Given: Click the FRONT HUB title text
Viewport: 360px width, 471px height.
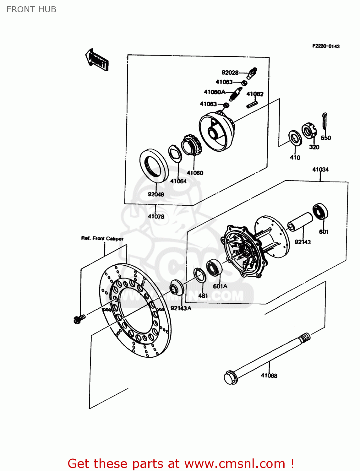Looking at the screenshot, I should [x=31, y=9].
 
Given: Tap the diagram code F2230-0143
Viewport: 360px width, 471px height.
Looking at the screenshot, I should [x=326, y=46].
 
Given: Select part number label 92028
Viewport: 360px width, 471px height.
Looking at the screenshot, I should [x=230, y=73].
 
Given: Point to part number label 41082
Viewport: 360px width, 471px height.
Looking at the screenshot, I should [x=255, y=94].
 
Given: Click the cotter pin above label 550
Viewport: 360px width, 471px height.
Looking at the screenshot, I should [x=325, y=121].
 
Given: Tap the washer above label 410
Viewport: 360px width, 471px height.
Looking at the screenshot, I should [x=295, y=138].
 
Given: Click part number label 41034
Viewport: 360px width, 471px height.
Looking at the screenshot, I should [x=320, y=170].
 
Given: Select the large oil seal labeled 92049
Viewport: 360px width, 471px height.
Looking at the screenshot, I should [x=154, y=166].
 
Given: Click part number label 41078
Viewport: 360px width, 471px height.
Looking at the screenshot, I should [x=156, y=216].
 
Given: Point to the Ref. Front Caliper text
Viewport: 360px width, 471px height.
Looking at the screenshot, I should [x=102, y=238].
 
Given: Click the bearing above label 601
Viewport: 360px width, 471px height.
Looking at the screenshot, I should [x=320, y=212].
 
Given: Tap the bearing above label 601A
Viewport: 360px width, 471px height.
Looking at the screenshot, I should [x=215, y=268].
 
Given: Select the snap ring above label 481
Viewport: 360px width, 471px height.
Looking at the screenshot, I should [x=200, y=275].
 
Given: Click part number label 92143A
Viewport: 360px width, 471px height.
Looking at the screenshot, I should [x=181, y=308].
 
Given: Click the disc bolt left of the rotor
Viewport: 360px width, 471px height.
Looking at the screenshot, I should [x=79, y=319].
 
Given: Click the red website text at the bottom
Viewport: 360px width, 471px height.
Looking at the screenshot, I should [x=181, y=463].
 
